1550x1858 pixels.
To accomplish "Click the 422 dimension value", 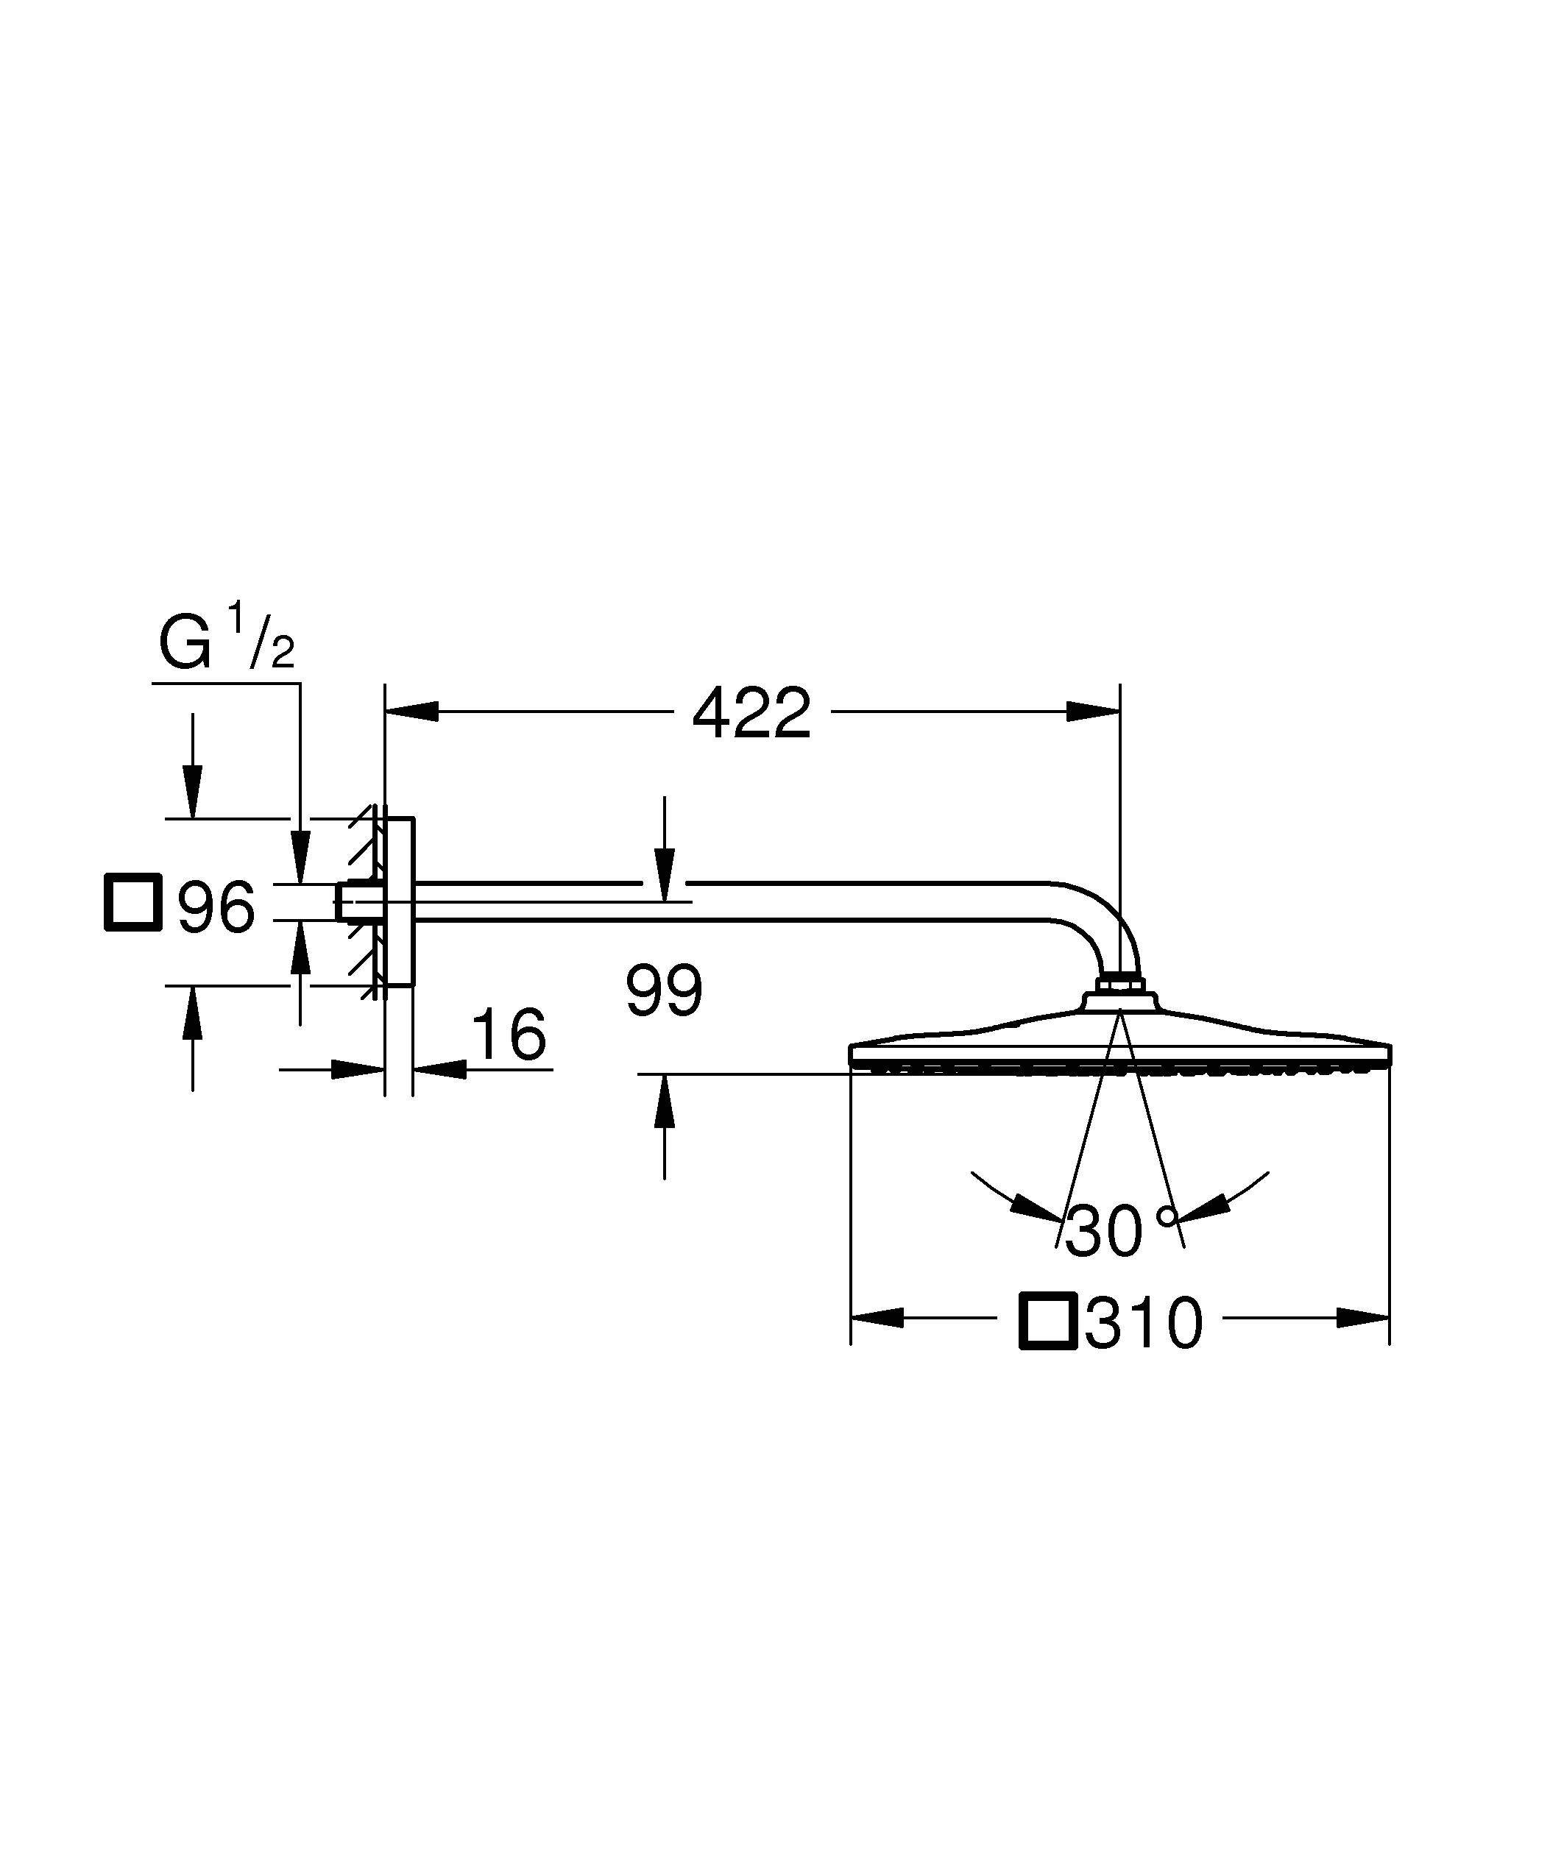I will click(751, 714).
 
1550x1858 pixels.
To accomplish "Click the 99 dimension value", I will click(664, 991).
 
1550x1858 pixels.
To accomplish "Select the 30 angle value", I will click(1103, 1232).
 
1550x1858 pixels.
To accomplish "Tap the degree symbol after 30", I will click(1168, 1216).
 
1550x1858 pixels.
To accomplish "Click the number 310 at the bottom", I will click(1144, 1348).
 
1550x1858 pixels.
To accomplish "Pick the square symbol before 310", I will click(1047, 1346).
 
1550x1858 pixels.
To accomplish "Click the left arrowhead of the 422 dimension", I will click(412, 712).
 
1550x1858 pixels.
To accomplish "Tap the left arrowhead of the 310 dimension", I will click(877, 1342).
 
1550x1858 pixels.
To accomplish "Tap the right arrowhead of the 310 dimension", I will click(1362, 1342).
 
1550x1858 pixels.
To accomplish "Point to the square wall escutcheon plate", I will click(400, 901).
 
